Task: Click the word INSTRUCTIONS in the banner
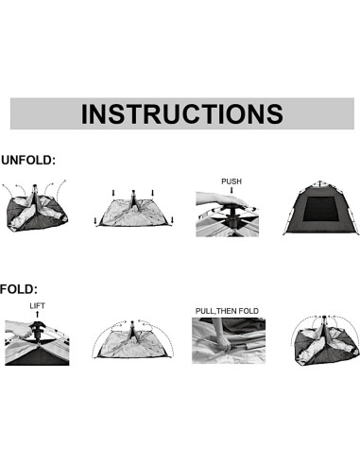[x=181, y=113]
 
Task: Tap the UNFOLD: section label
[x=28, y=161]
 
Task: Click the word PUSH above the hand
[x=232, y=181]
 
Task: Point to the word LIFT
[x=37, y=306]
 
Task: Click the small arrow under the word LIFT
[x=37, y=315]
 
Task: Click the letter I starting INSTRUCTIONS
[x=85, y=113]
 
